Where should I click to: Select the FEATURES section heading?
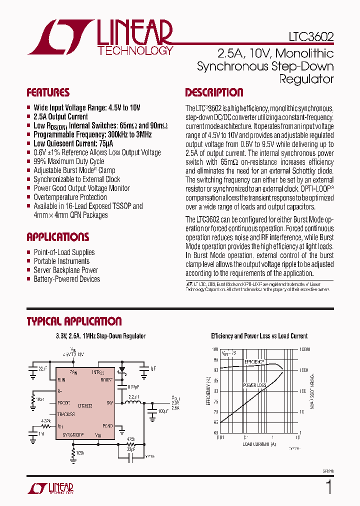(x=48, y=92)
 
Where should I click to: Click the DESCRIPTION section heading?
(x=214, y=92)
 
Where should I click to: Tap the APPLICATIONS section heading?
(x=57, y=237)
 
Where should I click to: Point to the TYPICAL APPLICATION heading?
(x=74, y=321)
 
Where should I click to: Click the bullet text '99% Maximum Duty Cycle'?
(x=68, y=161)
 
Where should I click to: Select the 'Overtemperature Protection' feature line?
(x=70, y=197)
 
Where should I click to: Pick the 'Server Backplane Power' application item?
(x=65, y=270)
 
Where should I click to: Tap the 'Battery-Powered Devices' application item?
(x=66, y=279)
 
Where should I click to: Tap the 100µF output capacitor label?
(x=163, y=411)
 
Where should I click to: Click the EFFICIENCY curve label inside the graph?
(x=254, y=361)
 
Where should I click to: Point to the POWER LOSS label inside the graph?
(x=254, y=385)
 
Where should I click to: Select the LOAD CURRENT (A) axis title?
(x=259, y=444)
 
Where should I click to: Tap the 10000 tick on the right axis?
(x=305, y=349)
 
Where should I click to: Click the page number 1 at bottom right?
(x=328, y=486)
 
